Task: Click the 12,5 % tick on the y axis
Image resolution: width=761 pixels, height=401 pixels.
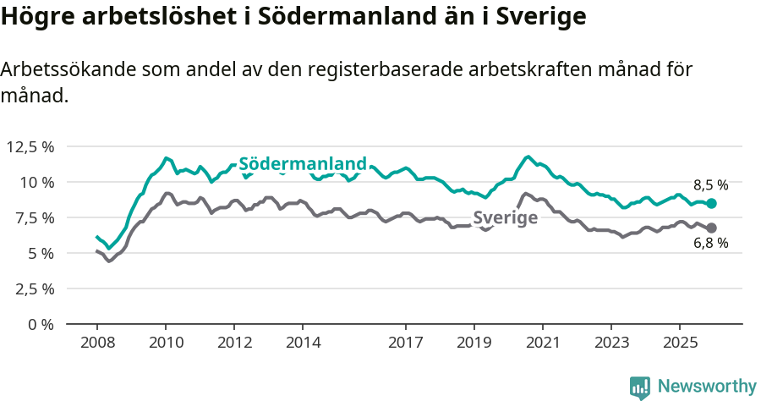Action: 30,147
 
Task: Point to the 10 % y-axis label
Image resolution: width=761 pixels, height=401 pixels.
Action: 36,183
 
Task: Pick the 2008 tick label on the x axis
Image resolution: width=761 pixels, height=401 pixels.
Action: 96,343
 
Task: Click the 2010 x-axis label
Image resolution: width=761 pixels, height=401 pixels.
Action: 166,343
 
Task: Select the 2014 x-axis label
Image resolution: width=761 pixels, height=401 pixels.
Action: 303,343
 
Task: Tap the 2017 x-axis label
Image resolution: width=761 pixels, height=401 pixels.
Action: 406,343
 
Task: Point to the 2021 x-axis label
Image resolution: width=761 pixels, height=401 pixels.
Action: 542,343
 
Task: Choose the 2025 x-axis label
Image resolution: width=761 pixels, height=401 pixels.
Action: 679,343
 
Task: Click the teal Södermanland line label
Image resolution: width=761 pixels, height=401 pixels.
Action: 303,164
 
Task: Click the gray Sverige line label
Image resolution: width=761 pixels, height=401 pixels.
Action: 505,218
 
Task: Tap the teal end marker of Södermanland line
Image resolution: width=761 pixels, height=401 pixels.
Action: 712,204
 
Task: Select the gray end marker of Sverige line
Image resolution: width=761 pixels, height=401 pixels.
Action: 712,228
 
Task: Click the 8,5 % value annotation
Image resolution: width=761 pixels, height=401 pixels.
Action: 710,184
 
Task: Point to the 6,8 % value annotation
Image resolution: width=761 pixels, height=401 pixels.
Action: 710,244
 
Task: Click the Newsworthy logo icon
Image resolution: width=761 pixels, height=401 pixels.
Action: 640,387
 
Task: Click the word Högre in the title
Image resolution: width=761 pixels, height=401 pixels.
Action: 35,17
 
